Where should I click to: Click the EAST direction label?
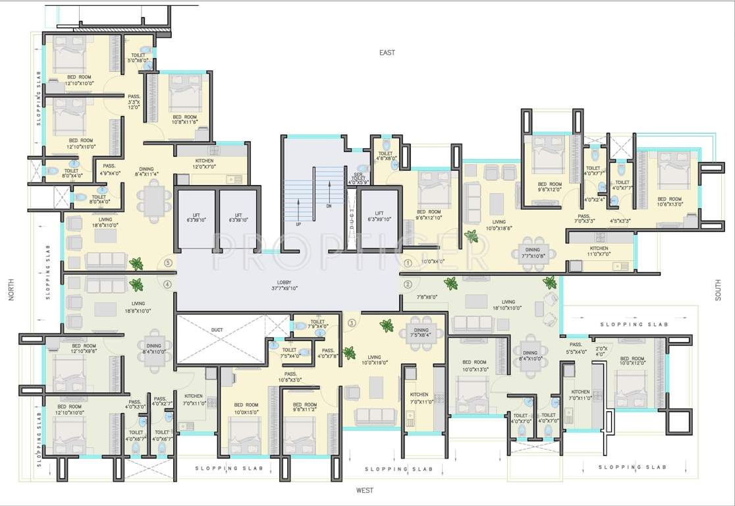tap(387, 52)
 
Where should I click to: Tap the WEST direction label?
tap(365, 490)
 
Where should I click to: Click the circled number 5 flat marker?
tap(169, 262)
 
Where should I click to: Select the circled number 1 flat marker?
tap(407, 262)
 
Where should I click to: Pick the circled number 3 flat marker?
tap(352, 323)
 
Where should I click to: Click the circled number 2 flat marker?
tap(407, 285)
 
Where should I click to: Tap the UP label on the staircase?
tap(298, 223)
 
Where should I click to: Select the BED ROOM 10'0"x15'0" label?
tap(246, 408)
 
